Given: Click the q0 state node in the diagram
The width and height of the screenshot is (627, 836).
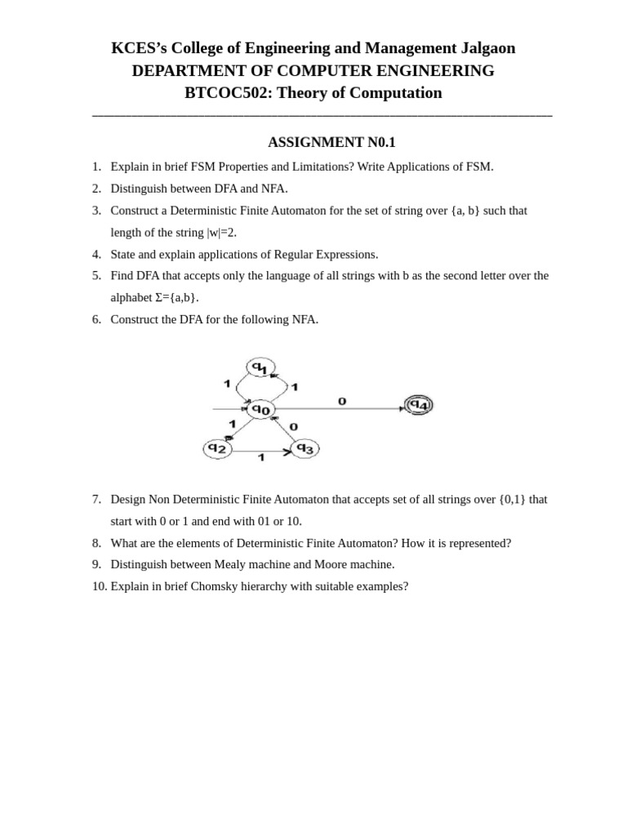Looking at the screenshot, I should pos(260,409).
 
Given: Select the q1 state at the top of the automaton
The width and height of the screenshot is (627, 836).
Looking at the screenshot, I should pos(260,368).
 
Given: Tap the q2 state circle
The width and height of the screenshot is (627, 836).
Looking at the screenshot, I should pos(217,448).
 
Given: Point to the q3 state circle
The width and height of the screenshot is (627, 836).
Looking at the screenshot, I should pos(305,448).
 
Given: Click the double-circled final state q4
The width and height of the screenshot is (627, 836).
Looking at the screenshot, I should pos(419,405).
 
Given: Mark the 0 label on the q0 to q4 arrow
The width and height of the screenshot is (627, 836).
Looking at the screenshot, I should pos(342,401).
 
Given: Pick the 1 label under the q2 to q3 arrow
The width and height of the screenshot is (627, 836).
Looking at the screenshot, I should pos(261,458).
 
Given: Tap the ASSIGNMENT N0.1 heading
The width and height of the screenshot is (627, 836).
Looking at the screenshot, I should pos(331,142).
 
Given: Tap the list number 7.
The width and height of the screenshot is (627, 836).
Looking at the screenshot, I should pos(96,499).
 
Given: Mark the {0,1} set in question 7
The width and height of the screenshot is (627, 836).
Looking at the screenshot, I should pos(512,499).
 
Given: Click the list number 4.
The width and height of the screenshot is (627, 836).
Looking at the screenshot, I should pos(96,255).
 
